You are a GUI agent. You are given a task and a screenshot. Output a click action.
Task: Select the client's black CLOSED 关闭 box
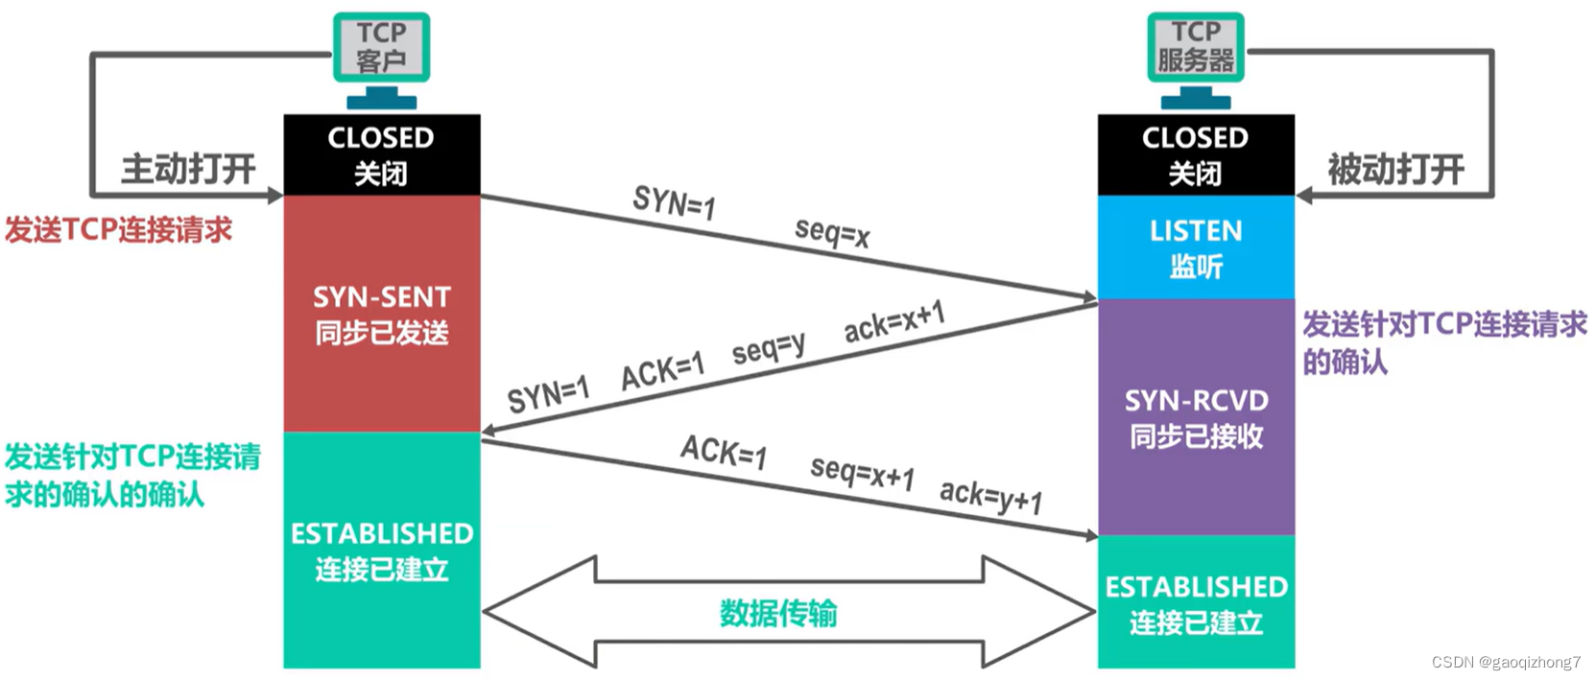click(381, 154)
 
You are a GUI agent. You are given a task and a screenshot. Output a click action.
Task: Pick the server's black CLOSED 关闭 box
click(1195, 154)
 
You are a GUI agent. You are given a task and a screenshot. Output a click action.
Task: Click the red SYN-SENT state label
click(381, 314)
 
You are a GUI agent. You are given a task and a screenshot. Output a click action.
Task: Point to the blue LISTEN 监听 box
click(1195, 247)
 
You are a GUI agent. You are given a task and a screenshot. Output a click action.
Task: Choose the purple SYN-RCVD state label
click(1196, 417)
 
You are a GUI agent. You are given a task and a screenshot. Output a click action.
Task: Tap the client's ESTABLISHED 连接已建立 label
click(381, 551)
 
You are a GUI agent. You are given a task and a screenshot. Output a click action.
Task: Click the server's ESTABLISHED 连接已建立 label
click(1196, 603)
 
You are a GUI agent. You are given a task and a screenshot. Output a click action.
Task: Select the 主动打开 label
click(188, 170)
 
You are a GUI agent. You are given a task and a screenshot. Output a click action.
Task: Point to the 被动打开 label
click(1395, 170)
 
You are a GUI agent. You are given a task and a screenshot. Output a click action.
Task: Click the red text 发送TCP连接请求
click(118, 230)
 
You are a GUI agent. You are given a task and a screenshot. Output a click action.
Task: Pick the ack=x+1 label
click(894, 321)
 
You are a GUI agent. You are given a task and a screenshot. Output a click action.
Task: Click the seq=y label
click(768, 348)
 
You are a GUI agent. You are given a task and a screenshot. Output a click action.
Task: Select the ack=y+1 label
click(990, 496)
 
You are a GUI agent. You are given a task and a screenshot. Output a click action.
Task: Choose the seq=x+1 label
click(862, 472)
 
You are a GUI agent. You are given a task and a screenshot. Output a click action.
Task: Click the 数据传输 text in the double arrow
click(778, 613)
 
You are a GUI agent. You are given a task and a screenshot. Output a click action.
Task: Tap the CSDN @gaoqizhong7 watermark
click(1505, 662)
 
